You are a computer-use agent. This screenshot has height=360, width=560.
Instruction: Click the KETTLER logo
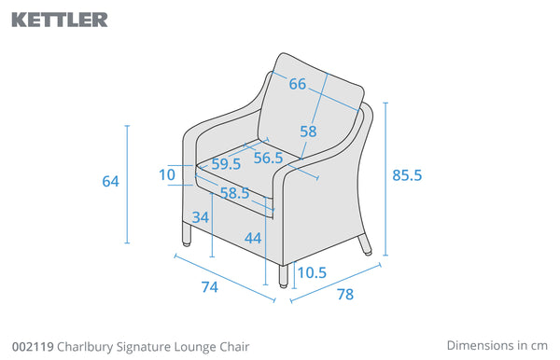pos(60,20)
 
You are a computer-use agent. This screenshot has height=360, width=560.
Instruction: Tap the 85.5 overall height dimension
pos(407,175)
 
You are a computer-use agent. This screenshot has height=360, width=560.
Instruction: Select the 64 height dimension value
pos(110,181)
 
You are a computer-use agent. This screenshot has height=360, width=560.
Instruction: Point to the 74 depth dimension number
pos(210,287)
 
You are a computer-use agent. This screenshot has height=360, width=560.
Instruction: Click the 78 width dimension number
pos(345,295)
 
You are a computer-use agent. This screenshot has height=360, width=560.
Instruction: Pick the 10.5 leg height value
pos(312,273)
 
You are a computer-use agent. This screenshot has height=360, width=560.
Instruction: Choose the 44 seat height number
pos(253,238)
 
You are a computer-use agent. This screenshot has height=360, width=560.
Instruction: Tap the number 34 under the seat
pos(201,217)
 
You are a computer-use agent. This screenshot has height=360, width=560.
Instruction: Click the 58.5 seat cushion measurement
pos(234,193)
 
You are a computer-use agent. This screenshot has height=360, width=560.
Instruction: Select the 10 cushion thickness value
pos(167,174)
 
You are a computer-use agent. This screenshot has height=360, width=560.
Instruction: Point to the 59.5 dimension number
pos(226,164)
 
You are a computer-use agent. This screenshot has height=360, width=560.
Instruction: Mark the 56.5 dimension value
pos(268,158)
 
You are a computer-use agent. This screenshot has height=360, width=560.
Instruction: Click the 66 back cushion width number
pos(298,84)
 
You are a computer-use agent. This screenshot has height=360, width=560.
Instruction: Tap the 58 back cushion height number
pos(308,132)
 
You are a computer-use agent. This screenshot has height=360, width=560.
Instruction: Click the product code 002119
pos(33,346)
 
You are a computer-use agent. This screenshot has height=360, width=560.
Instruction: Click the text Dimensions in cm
pos(497,345)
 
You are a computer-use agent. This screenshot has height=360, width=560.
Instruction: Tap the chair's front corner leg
pos(283,276)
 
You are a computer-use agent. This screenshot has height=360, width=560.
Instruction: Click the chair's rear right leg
pos(365,244)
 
